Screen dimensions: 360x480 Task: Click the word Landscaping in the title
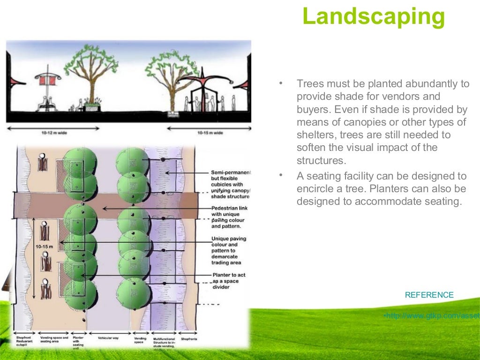(x=374, y=17)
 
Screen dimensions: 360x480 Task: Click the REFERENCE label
(x=429, y=295)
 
